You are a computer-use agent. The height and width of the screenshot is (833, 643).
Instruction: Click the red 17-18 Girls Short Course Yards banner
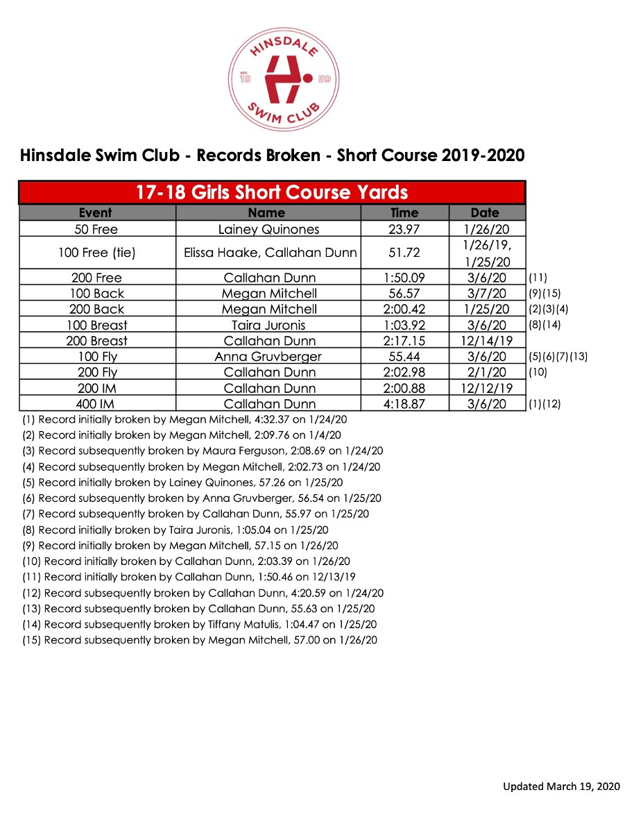coord(271,192)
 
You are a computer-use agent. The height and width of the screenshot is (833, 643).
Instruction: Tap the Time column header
coord(404,213)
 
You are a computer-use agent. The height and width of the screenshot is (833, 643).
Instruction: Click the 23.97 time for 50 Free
coord(404,230)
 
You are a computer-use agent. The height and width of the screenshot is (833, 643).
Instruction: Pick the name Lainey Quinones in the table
coord(268,230)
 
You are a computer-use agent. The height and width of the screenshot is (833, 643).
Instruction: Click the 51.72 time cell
coord(404,253)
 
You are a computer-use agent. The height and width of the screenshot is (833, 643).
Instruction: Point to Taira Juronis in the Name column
coord(268,325)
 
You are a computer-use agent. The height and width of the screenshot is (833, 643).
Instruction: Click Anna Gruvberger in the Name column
coord(268,357)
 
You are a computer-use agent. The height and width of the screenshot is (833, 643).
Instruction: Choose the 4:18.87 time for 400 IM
coord(404,404)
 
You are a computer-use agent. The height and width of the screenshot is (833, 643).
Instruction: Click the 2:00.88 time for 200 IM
coord(404,389)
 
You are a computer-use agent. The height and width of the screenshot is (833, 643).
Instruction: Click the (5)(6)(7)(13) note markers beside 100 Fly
coord(558,357)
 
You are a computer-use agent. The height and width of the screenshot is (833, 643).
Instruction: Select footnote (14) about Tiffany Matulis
coord(199,624)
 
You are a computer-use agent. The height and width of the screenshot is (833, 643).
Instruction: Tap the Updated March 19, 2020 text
coord(561,786)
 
